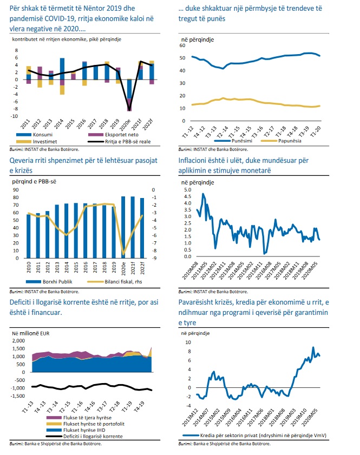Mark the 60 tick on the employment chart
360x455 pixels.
pos(182,46)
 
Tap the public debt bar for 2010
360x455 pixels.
pos(29,236)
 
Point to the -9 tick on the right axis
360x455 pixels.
pos(155,258)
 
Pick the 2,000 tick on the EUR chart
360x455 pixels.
pos(18,341)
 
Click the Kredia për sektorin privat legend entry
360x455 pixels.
pos(260,434)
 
